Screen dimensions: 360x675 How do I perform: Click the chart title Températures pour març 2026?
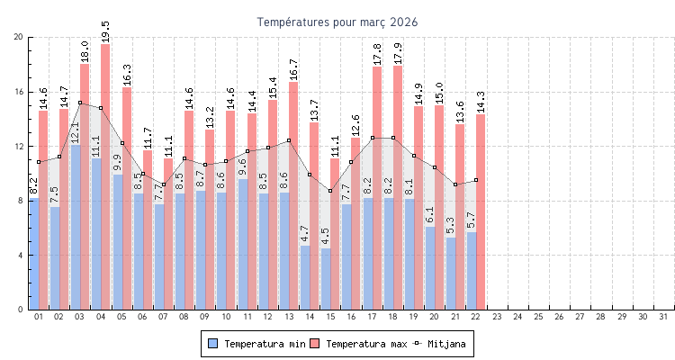(337, 22)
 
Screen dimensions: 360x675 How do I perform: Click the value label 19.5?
(105, 31)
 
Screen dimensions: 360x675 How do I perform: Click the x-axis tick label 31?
(663, 317)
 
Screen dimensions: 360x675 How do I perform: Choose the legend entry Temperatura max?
(360, 344)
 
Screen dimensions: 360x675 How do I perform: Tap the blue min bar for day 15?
(326, 279)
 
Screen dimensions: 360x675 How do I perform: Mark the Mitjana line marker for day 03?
(80, 103)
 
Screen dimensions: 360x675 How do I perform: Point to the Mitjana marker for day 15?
(330, 191)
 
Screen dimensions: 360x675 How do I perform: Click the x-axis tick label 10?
(226, 317)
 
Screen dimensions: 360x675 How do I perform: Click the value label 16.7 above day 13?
(293, 69)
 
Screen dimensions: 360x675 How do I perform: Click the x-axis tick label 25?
(538, 317)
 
